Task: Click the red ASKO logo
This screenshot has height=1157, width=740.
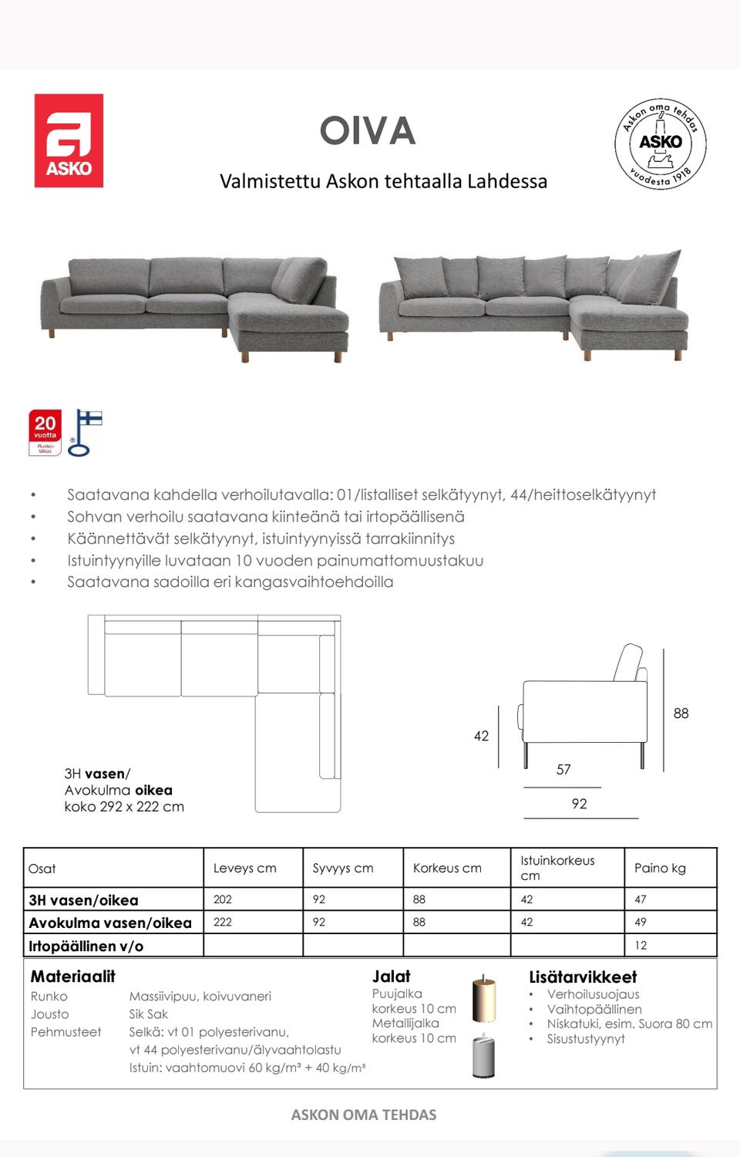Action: click(69, 140)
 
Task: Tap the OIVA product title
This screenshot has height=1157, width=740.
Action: click(368, 131)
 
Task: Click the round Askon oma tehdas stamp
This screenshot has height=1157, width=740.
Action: click(661, 143)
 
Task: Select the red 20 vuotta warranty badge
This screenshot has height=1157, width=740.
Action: click(45, 433)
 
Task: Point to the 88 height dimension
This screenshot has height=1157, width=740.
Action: click(681, 713)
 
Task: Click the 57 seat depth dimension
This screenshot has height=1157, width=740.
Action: click(563, 770)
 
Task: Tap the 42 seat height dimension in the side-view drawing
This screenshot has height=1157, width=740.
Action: click(481, 736)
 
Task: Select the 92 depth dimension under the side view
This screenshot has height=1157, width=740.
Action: click(579, 804)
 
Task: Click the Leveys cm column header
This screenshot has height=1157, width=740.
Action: click(244, 869)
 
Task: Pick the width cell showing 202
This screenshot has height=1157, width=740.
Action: click(223, 899)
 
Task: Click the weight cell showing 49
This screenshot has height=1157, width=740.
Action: click(641, 922)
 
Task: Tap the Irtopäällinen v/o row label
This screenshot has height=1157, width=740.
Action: click(86, 946)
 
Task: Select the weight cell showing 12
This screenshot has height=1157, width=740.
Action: click(641, 946)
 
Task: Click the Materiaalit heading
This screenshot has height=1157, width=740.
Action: click(72, 977)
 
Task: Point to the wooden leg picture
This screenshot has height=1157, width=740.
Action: click(484, 998)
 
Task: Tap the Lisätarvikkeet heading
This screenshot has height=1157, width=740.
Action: click(583, 977)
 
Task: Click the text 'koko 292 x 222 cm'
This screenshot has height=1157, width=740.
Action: click(124, 807)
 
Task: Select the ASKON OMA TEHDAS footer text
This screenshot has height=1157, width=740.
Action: click(364, 1115)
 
